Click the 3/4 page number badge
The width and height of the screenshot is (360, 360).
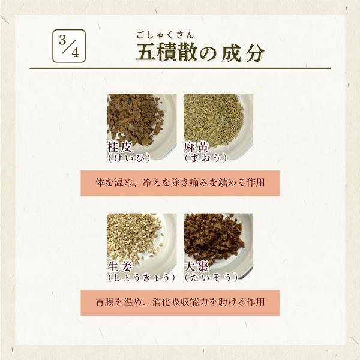69,46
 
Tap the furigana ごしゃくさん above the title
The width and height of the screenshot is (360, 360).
166,35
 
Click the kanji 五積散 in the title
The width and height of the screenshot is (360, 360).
166,52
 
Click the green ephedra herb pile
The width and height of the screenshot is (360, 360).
213,119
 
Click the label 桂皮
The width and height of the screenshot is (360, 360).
119,147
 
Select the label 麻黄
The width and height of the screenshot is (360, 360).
196,147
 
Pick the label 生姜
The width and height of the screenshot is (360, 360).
119,267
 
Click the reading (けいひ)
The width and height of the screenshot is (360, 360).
129,158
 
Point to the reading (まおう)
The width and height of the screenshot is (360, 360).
205,158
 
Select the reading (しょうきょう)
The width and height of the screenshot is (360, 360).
142,278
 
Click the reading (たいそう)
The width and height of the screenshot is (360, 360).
211,278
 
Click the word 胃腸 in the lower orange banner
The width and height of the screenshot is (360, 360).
104,302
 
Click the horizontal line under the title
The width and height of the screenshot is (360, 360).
180,68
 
